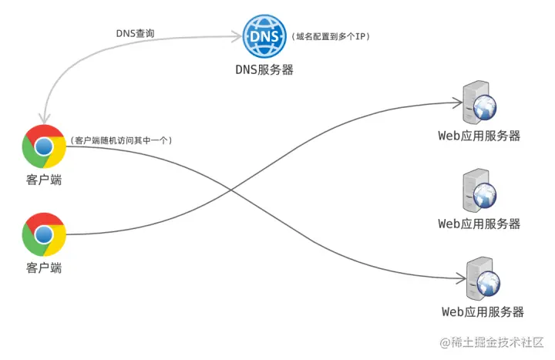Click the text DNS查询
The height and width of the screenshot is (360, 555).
tap(136, 32)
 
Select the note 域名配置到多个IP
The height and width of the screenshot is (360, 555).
tap(331, 36)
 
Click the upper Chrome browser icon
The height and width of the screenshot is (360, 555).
tap(44, 146)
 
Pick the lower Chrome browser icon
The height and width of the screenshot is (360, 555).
tap(44, 234)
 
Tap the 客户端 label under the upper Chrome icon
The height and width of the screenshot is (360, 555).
tap(44, 180)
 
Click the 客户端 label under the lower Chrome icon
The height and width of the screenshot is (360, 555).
tap(44, 267)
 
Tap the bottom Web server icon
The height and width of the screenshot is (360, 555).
tap(481, 281)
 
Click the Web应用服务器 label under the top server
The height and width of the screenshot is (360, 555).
tap(479, 136)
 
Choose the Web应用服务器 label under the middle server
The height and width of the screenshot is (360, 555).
tap(479, 224)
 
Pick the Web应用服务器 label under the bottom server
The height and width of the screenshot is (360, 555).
tap(482, 311)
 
